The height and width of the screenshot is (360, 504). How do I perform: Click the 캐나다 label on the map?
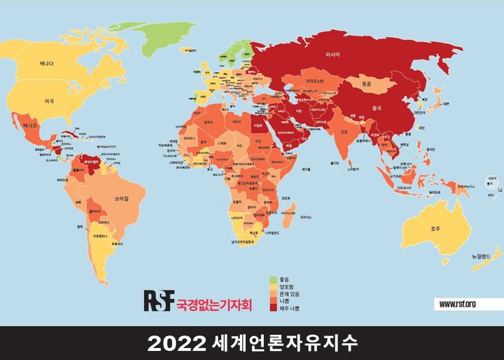click(48, 64)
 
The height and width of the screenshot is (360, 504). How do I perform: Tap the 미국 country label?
click(49, 101)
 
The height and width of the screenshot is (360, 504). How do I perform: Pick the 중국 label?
click(377, 108)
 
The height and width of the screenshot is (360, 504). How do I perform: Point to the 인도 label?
click(344, 131)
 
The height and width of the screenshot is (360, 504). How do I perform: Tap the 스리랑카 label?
click(354, 168)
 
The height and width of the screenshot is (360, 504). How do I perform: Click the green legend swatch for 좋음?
click(274, 279)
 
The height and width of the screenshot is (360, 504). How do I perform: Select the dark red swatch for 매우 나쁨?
click(274, 307)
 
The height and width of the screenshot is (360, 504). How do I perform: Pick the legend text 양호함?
click(289, 286)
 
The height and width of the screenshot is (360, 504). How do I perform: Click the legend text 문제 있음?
click(291, 293)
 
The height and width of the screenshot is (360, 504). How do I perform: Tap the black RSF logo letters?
click(157, 300)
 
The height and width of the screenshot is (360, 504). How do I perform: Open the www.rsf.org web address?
click(458, 303)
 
